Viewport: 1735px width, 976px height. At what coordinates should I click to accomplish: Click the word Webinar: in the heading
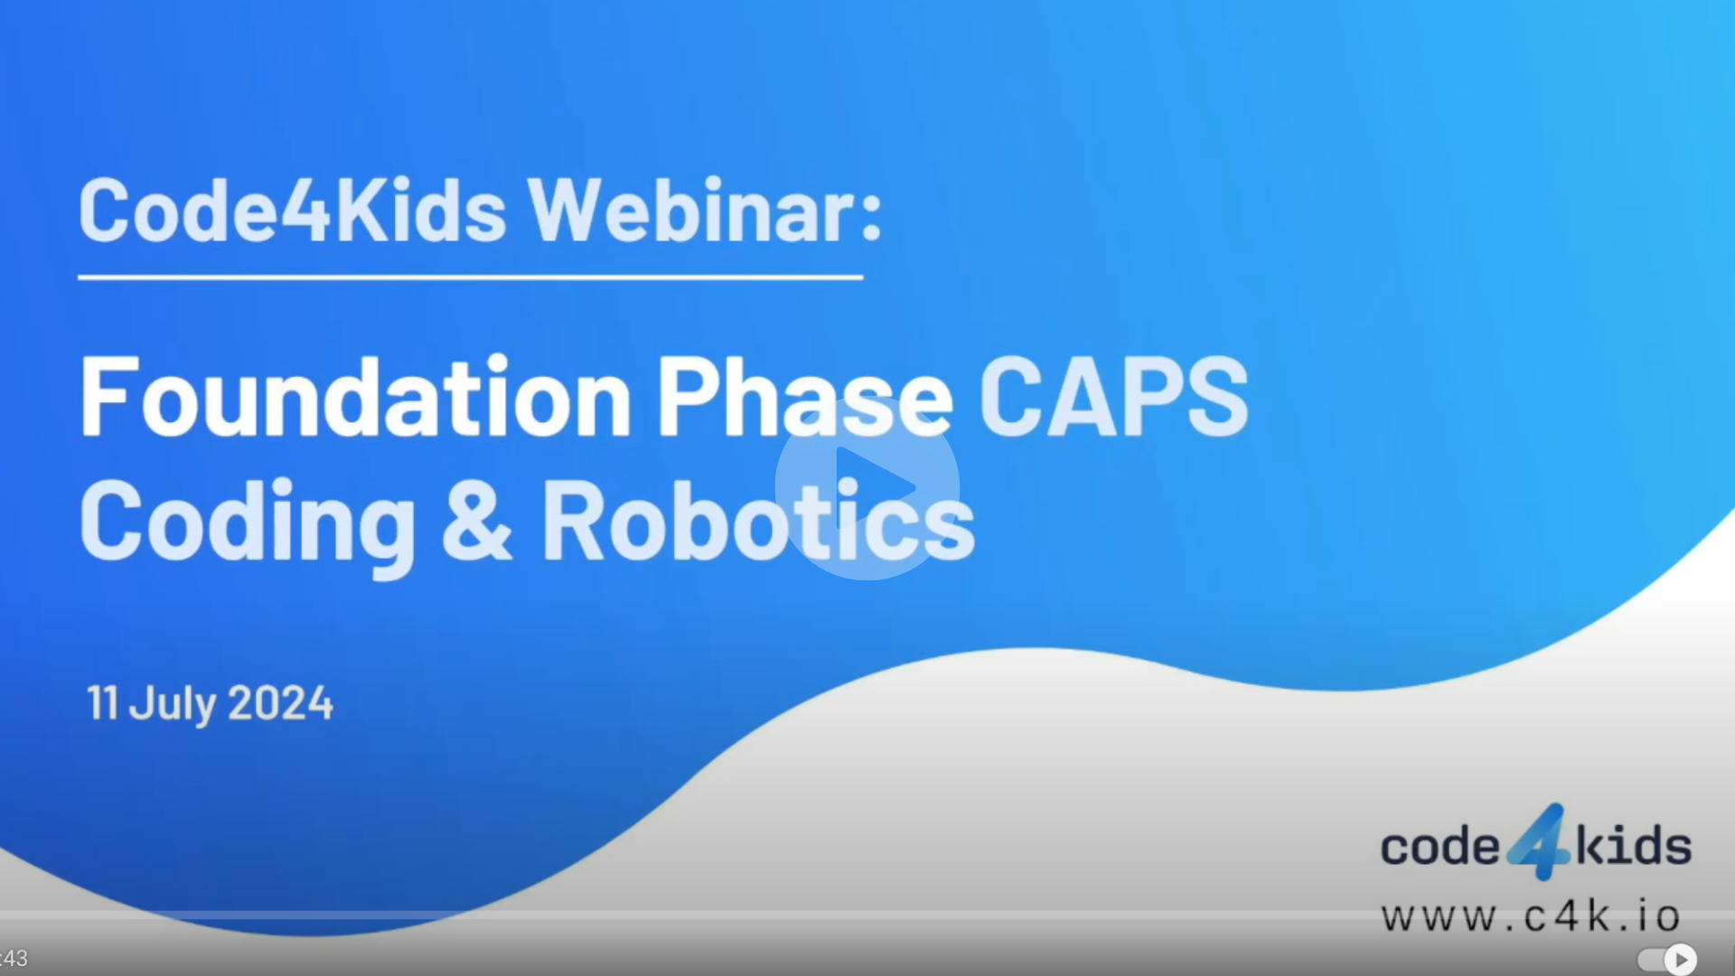(x=704, y=211)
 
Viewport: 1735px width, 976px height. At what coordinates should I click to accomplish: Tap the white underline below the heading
(x=470, y=277)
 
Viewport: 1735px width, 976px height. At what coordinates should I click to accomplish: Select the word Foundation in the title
(x=355, y=398)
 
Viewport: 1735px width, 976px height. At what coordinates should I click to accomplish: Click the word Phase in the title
(x=803, y=398)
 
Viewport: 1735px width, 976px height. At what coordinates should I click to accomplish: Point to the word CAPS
(x=1113, y=398)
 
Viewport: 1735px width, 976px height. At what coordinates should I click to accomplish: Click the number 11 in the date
(x=102, y=703)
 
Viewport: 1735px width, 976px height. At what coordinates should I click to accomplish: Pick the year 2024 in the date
(x=280, y=703)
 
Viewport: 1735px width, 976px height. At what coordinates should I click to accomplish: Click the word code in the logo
(x=1439, y=847)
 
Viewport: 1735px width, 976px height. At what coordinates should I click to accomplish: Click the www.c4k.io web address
(x=1530, y=917)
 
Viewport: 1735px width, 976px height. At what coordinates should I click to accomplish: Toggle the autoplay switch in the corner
(x=1668, y=959)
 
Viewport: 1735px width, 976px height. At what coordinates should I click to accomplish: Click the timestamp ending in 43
(x=14, y=958)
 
